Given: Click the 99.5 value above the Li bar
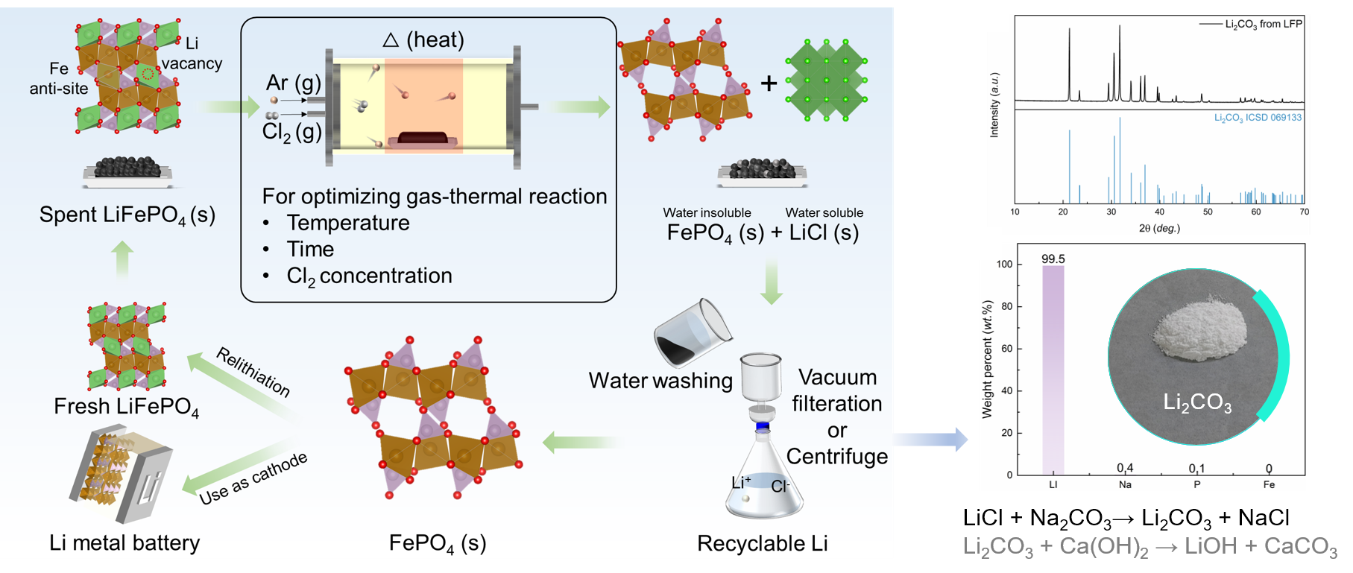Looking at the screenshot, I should [x=1053, y=259].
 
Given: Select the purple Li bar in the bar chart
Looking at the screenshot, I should [x=1053, y=373].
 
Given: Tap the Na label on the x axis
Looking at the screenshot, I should [x=1125, y=484].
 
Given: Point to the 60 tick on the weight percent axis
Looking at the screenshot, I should [x=1007, y=349].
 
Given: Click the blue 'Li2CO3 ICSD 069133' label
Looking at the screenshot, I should [x=1258, y=118].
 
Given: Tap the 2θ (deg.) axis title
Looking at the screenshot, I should [x=1159, y=228].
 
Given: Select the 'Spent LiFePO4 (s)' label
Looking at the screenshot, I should [x=127, y=215].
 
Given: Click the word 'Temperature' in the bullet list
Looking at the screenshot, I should [x=348, y=223].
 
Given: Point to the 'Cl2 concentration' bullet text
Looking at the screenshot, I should [x=369, y=276].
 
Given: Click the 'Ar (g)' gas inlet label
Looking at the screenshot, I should [x=294, y=83].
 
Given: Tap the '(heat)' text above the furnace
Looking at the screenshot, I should [x=435, y=39].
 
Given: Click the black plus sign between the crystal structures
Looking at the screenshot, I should [x=769, y=83].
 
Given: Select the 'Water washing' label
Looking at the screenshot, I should [x=660, y=381].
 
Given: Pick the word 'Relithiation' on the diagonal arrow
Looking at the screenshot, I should [x=253, y=371].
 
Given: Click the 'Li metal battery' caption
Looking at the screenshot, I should [x=124, y=543].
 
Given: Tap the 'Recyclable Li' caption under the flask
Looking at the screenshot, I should [x=762, y=544].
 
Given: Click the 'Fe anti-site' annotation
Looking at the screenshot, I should [x=59, y=79].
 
